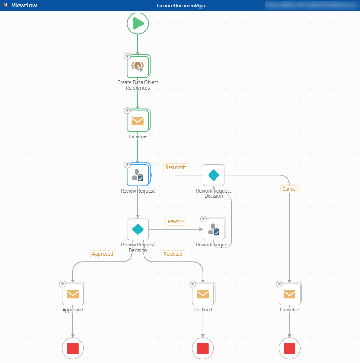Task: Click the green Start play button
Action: click(137, 24)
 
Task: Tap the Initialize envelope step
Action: click(137, 121)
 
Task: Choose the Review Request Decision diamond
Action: click(137, 229)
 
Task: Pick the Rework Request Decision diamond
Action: click(213, 175)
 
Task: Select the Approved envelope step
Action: click(72, 294)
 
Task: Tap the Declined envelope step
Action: click(203, 294)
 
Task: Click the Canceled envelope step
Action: click(289, 294)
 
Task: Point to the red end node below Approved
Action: click(72, 348)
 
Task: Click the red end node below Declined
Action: click(203, 348)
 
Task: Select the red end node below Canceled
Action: click(289, 348)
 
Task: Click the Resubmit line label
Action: click(176, 167)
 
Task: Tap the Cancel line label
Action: click(289, 189)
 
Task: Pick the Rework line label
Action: click(176, 221)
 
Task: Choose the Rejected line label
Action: click(173, 254)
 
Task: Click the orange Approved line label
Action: click(103, 254)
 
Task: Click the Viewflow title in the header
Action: click(24, 6)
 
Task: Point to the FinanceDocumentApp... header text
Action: click(183, 6)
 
